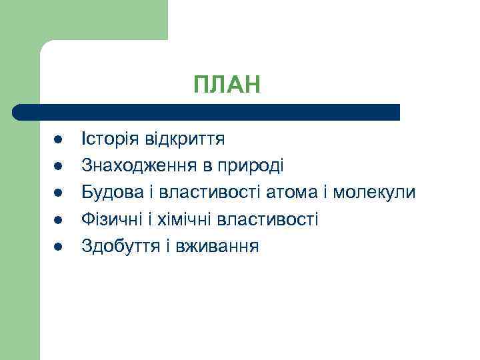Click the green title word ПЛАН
coord(227,85)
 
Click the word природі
coord(251,166)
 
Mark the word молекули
coord(374,193)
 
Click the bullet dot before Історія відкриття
coord(58,140)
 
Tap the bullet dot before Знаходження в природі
coord(58,167)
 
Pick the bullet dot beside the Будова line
coord(58,193)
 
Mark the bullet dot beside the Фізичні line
coord(58,220)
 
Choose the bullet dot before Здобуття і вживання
coord(58,247)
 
